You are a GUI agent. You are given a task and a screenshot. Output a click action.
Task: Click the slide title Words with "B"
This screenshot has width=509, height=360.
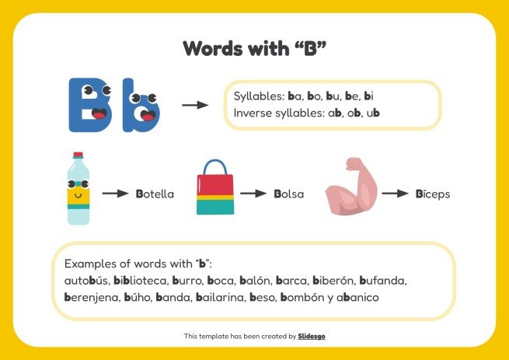[254, 48]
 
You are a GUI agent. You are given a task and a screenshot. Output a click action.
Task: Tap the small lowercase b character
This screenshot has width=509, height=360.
[143, 111]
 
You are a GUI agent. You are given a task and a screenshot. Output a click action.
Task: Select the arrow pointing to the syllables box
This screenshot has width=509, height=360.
[195, 104]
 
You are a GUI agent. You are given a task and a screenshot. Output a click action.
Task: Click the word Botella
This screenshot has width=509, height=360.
[155, 194]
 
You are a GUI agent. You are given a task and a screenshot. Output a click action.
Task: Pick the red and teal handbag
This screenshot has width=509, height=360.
[214, 190]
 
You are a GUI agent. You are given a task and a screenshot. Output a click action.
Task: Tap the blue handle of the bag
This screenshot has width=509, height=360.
[214, 166]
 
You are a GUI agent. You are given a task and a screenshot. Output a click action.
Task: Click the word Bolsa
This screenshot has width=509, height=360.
[289, 194]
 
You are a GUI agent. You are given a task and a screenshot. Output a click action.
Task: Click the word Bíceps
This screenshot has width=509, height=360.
[432, 194]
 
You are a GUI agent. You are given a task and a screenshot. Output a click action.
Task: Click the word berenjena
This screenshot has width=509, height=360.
[91, 297]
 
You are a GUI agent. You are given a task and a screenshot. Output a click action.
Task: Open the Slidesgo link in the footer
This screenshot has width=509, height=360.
[312, 336]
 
